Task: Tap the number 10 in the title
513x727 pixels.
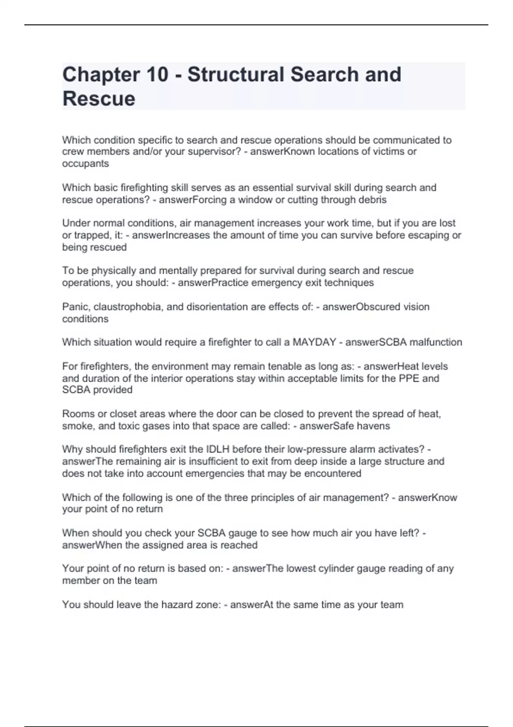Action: [157, 75]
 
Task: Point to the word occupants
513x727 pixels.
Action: [85, 164]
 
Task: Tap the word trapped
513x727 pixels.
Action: [89, 236]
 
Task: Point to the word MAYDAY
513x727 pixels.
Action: [314, 342]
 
